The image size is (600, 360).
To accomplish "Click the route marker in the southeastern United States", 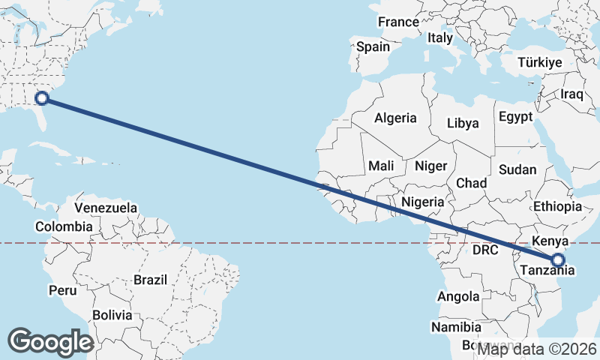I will [42, 97].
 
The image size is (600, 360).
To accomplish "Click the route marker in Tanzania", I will [558, 260].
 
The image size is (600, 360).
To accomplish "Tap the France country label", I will [398, 22].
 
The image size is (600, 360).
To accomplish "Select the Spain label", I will [373, 46].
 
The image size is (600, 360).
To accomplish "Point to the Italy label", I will [440, 37].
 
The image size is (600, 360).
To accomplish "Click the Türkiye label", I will [540, 63].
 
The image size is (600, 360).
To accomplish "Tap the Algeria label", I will [395, 118].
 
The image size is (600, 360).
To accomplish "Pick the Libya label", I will [462, 123].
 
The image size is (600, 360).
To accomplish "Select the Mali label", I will [381, 166].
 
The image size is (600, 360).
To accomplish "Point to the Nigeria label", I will [423, 202].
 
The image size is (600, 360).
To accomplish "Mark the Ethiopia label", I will [557, 206].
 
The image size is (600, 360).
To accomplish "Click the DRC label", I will [486, 249].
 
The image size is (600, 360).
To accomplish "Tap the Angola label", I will [457, 296].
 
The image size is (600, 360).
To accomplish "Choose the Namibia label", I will [456, 327].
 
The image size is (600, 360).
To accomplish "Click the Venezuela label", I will [106, 207].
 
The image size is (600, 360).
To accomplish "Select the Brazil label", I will [149, 280].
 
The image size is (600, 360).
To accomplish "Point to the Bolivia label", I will [112, 315].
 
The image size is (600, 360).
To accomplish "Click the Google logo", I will [50, 342].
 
